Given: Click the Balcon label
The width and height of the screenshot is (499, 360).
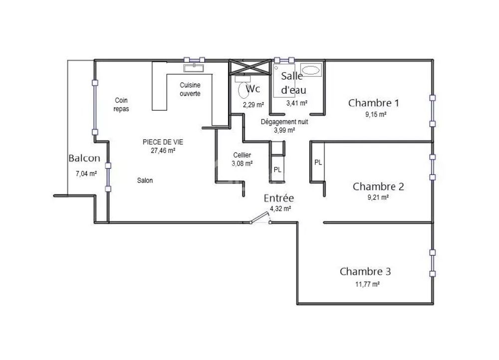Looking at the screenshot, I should tap(84, 159).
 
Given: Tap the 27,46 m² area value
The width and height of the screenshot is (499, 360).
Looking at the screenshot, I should tap(163, 150).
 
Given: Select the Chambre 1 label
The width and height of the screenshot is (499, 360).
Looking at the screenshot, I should tap(374, 103).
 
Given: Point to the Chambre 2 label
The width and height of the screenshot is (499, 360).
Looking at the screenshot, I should tap(378, 186).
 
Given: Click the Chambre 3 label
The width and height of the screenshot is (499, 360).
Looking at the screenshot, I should tap(365, 272).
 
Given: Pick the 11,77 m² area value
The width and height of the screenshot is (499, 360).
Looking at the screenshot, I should tap(367, 284).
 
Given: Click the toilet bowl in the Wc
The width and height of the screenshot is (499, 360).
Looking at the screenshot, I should tap(244, 90).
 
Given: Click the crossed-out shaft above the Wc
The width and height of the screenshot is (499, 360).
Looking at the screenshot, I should tap(249, 67).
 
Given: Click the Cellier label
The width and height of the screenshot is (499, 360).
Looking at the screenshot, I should tap(242, 155).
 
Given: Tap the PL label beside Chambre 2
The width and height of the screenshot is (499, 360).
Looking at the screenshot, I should tap(318, 163).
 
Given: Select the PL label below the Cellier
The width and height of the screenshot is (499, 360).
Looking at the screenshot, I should tap(277, 170).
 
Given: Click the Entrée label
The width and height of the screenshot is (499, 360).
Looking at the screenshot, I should tap(279, 198).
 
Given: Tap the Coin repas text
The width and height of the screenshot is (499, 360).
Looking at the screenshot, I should tap(121, 104).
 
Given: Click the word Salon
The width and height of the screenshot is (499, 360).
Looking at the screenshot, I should tap(145, 180).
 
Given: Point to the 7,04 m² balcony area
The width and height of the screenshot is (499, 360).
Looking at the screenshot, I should tap(86, 174).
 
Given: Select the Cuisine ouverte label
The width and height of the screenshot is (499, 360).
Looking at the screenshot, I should tap(190, 89).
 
